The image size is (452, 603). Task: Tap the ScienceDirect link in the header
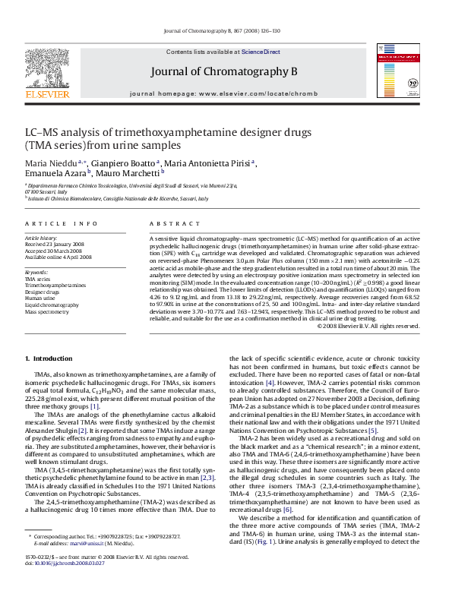pyautogui.click(x=261, y=52)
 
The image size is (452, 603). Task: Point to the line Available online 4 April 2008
pyautogui.click(x=58, y=258)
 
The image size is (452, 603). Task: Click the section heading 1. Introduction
pyautogui.click(x=49, y=358)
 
